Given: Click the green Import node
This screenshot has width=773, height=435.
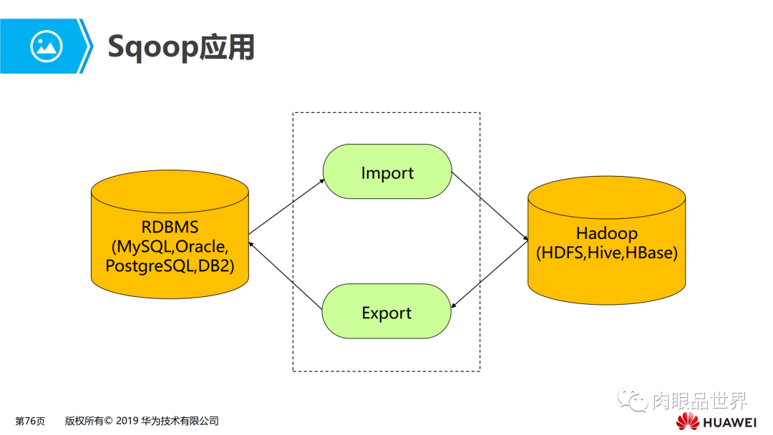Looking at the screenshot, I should coord(387,172).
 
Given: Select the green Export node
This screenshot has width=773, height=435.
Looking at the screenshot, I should coord(386,313).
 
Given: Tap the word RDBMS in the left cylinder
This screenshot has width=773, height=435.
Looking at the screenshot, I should coord(170,228).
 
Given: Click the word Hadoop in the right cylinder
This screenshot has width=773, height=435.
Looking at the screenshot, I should coord(606,233).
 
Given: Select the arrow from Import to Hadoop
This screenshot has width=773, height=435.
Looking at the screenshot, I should coord(489,207).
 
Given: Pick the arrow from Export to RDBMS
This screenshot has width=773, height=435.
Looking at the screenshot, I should coord(286,277).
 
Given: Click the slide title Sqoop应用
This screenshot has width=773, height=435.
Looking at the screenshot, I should coord(180,47).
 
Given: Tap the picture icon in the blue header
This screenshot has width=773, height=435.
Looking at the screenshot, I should coord(47,47).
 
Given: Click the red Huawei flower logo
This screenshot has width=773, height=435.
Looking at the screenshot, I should coord(688,421).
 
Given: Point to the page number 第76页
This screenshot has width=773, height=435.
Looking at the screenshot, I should coord(30,421).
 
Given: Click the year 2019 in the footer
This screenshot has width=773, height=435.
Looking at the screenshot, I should coord(127,421).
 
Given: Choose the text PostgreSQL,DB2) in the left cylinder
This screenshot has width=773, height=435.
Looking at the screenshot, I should coord(170,265).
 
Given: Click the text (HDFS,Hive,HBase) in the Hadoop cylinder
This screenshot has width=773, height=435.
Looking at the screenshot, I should coord(606,253).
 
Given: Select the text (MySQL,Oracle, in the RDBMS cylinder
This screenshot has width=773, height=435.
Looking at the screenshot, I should coord(170,247).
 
